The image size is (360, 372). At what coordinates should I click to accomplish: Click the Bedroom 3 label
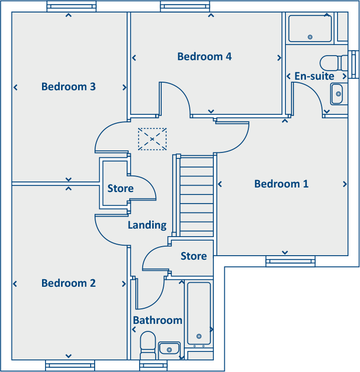coord(69,87)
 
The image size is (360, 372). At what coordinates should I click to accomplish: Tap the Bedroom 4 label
coord(204,57)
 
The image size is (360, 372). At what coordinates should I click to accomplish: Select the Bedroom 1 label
coord(281,184)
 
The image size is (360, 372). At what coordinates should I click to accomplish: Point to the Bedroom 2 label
coord(69,283)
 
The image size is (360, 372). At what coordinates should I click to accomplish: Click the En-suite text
coord(314,76)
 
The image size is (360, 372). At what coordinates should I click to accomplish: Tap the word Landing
coord(147,225)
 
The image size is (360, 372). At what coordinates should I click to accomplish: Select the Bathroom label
coord(157,320)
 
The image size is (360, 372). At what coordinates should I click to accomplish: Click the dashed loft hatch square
coord(152,139)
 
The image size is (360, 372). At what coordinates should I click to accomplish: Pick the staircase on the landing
coord(196,196)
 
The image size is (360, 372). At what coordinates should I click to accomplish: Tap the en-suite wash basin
coord(337,94)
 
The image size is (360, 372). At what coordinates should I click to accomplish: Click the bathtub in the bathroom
coord(199,314)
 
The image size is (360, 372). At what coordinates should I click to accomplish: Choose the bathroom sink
coord(169,348)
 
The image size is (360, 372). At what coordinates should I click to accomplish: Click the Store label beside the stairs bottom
coord(193,256)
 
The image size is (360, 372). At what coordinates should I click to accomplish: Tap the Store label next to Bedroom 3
coord(121,189)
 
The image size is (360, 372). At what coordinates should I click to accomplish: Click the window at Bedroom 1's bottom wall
coord(290,261)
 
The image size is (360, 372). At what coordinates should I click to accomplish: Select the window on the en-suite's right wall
coord(354,64)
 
